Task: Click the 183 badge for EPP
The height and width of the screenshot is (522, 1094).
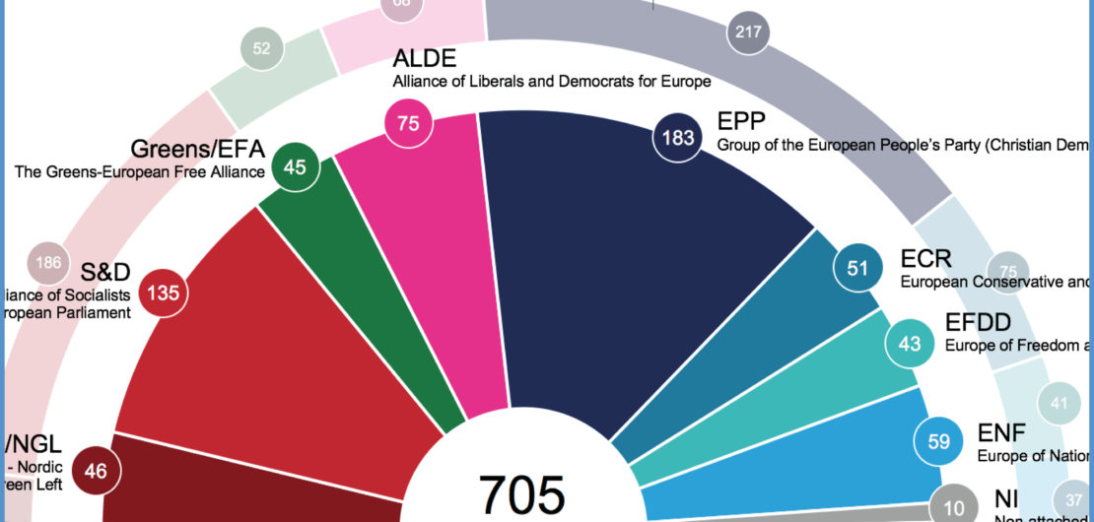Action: coord(678,138)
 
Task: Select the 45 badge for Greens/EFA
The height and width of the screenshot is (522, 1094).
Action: coord(294,166)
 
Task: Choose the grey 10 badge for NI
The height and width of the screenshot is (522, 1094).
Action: coord(953,505)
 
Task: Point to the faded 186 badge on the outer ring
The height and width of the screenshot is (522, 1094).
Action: coord(47,263)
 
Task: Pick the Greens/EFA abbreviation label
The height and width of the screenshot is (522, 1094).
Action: coord(196,150)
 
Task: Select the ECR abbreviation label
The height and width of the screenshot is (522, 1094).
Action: coord(926,259)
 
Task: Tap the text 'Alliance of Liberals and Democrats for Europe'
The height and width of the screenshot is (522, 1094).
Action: coord(551,81)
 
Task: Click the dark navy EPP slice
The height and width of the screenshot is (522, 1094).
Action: coord(631,266)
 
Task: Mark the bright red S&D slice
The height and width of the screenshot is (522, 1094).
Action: coord(276,345)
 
